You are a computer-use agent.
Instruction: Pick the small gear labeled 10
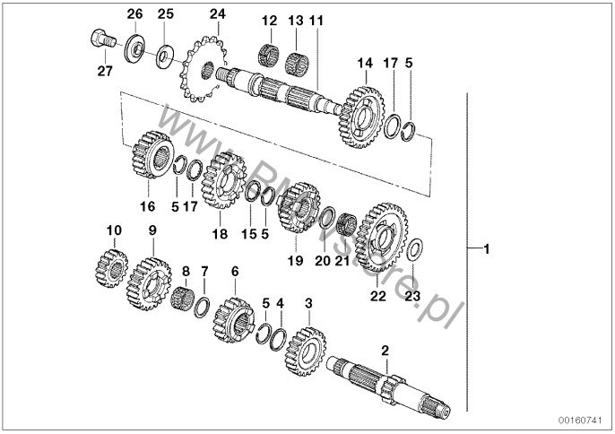point(111,267)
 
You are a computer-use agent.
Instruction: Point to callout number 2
point(385,351)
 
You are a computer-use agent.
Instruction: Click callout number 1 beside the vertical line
point(486,247)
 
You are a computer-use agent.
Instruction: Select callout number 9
point(152,230)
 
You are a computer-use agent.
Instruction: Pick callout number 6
point(235,270)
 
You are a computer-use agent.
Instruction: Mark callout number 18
point(220,234)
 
